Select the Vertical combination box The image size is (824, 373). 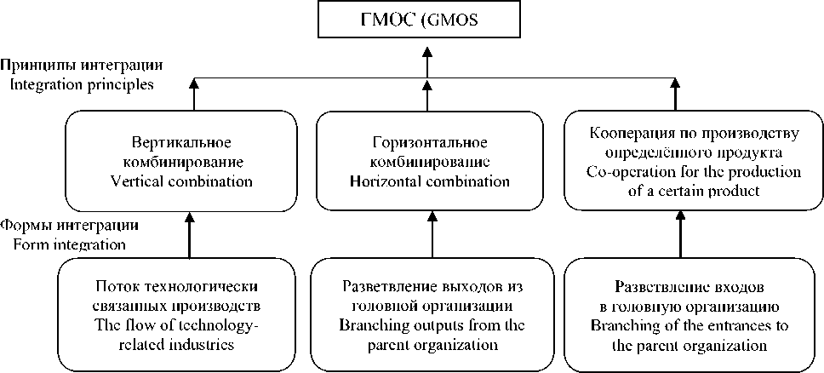click(194, 161)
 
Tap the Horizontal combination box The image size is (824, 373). click(430, 161)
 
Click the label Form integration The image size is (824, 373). click(70, 245)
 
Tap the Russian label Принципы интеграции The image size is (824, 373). click(82, 66)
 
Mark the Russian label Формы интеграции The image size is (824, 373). click(70, 227)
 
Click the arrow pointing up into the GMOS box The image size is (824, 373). click(429, 60)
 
